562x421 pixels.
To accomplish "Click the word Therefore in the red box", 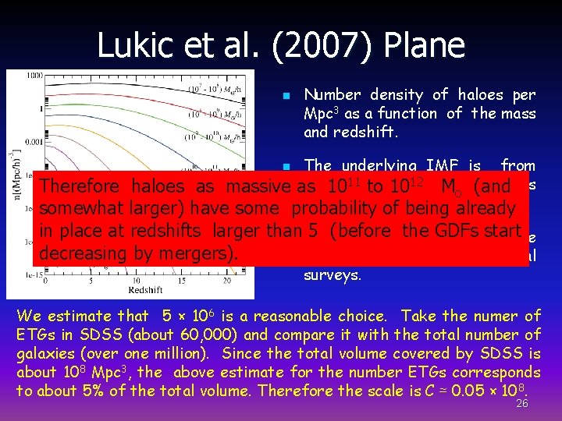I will click(x=81, y=187).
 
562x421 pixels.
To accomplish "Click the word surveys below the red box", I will click(x=333, y=275).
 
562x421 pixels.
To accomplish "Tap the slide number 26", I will click(x=522, y=403).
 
